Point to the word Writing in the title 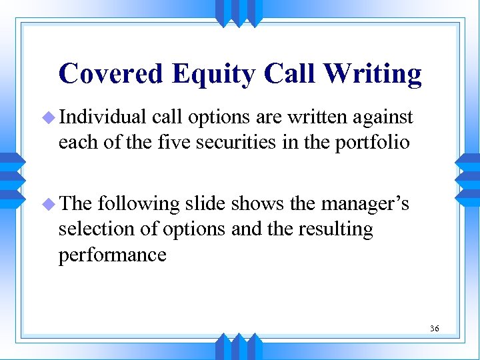click(374, 74)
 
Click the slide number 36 click(435, 329)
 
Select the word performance click(112, 254)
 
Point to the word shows click(254, 204)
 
